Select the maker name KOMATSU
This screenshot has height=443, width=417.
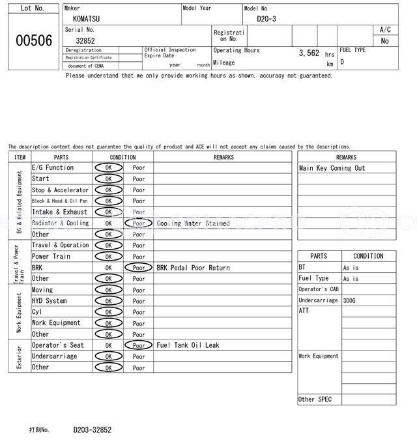tap(87, 19)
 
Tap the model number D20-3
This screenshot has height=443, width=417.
tap(266, 19)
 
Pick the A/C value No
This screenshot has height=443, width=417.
tap(384, 41)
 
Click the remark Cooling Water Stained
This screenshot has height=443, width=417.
tap(193, 223)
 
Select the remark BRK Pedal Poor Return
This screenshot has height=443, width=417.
tap(193, 268)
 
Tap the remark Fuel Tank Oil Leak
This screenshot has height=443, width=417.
tap(188, 345)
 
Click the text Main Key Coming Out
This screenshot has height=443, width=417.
tap(332, 168)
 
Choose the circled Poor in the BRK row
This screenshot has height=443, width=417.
tap(138, 268)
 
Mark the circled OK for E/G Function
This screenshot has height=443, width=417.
tap(108, 168)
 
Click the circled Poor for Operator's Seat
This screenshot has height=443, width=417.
tap(138, 345)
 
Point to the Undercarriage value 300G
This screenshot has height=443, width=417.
tap(349, 300)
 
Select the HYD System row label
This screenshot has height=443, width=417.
tap(50, 301)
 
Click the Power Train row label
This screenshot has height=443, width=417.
tap(51, 257)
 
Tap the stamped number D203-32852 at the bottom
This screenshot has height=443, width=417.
tap(92, 430)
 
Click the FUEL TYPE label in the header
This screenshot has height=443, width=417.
tap(352, 50)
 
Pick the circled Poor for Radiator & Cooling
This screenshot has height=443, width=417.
tap(138, 223)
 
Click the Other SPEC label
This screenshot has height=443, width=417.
tap(315, 399)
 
